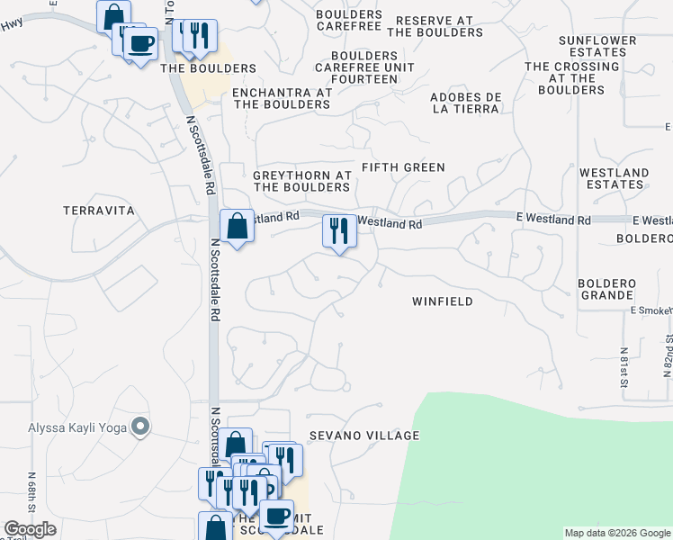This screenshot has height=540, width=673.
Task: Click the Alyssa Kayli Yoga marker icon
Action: coord(140,427)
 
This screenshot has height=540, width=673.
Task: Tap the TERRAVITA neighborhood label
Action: coord(99,211)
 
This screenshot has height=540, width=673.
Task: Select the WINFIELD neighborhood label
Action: coord(442,301)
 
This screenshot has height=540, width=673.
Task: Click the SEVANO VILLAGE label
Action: coord(364,436)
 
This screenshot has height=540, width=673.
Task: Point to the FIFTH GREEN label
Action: coord(403,167)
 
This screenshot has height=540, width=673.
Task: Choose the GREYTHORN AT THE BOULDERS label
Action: coord(301,181)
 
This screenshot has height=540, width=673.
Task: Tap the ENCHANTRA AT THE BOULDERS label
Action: coord(282,98)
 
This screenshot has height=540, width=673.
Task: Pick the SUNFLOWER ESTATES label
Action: coord(592,46)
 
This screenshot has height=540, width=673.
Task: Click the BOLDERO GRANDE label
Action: coord(608,289)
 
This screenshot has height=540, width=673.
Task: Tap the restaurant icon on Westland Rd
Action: coord(339,231)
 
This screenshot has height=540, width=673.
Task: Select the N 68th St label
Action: coord(31,489)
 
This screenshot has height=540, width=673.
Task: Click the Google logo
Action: coord(30,529)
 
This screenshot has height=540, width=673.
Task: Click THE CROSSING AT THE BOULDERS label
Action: coord(572,78)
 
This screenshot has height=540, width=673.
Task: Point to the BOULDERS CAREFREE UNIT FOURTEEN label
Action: coord(364,67)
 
